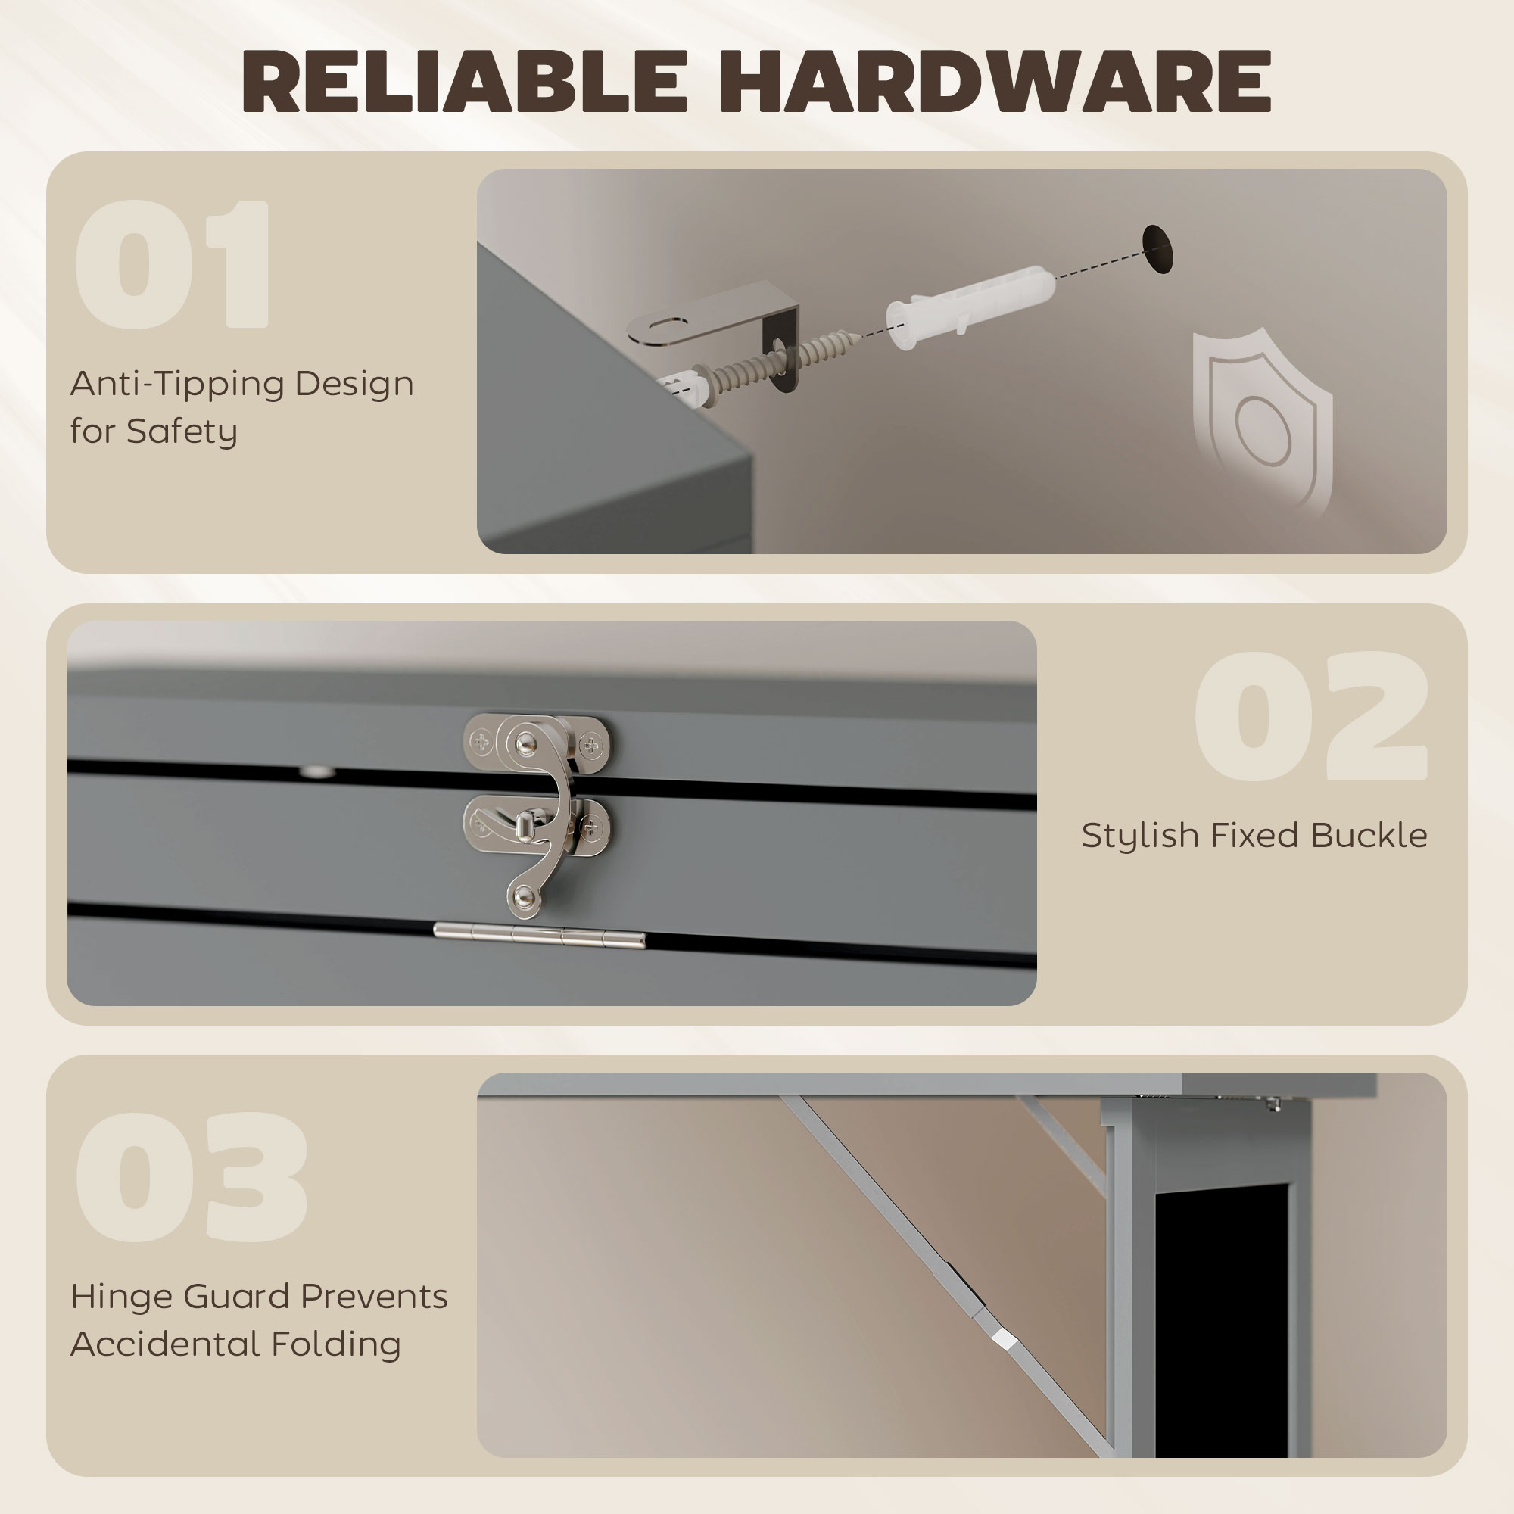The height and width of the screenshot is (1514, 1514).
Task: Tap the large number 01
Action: pyautogui.click(x=173, y=264)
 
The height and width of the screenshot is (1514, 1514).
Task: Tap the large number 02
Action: pyautogui.click(x=1311, y=716)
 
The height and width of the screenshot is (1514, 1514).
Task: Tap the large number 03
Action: pyautogui.click(x=192, y=1176)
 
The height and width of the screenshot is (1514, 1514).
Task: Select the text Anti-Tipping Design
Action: pyautogui.click(x=241, y=384)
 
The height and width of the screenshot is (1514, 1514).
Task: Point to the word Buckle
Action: pyautogui.click(x=1368, y=836)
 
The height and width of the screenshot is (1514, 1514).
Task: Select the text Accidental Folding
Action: pyautogui.click(x=235, y=1344)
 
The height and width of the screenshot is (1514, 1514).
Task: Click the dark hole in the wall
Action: pyautogui.click(x=1157, y=249)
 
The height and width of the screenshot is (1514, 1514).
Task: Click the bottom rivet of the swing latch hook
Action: pyautogui.click(x=524, y=896)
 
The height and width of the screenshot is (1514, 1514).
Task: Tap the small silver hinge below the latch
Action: pyautogui.click(x=539, y=934)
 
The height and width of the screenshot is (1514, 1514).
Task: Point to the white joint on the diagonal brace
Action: pyautogui.click(x=1004, y=1339)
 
